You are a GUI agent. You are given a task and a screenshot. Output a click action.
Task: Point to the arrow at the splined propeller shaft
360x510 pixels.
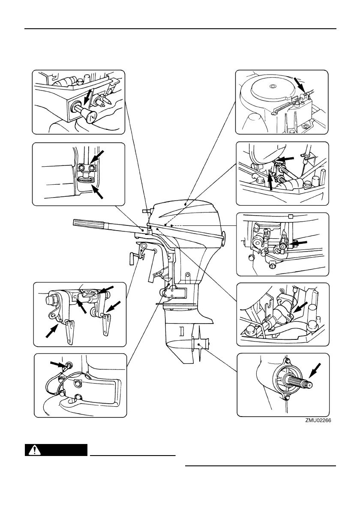click(x=316, y=369)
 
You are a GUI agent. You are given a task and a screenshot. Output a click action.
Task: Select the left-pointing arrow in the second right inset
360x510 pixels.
click(x=287, y=159)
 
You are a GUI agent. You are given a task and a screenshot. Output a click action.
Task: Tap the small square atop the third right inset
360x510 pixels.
click(x=291, y=216)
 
